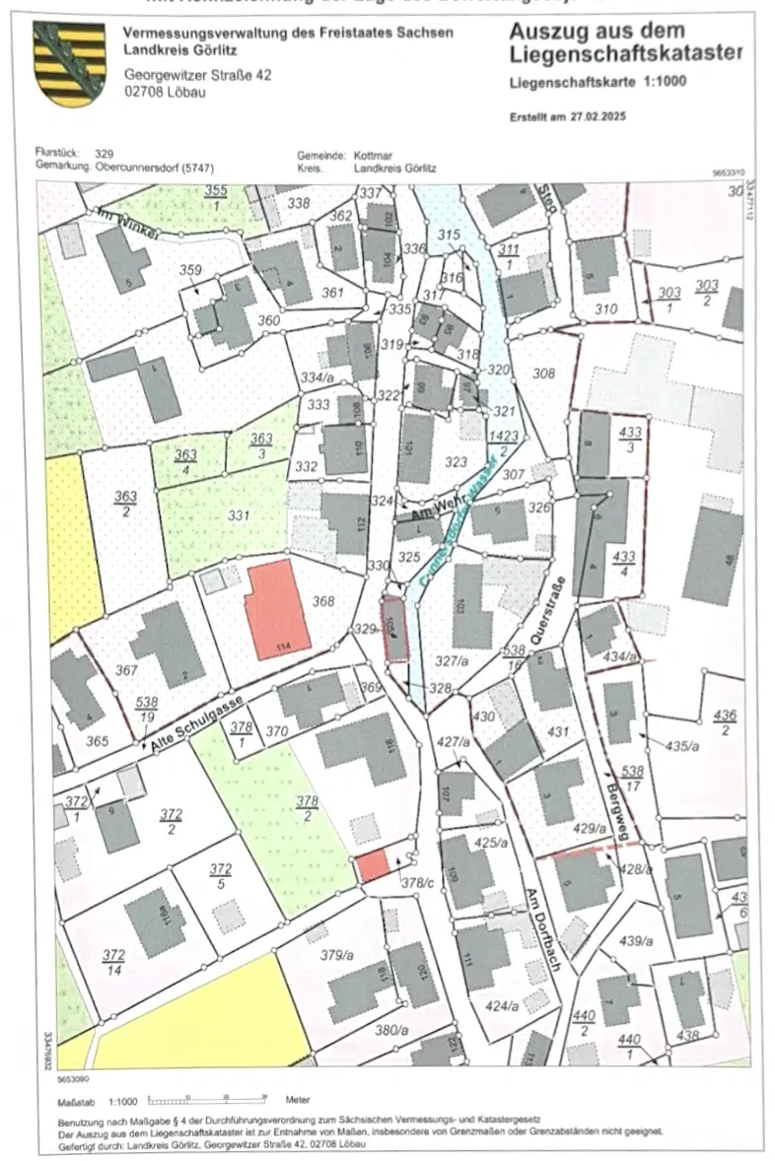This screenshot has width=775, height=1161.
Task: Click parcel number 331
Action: click(x=238, y=514)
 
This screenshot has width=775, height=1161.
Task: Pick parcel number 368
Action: click(x=323, y=601)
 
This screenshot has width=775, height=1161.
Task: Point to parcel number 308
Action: click(x=543, y=374)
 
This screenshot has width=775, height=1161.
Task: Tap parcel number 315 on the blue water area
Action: click(x=449, y=235)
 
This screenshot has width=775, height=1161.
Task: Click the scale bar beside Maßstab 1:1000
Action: click(x=212, y=1097)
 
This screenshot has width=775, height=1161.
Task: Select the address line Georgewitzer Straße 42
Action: click(x=197, y=75)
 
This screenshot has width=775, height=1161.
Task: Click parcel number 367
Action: click(x=126, y=670)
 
